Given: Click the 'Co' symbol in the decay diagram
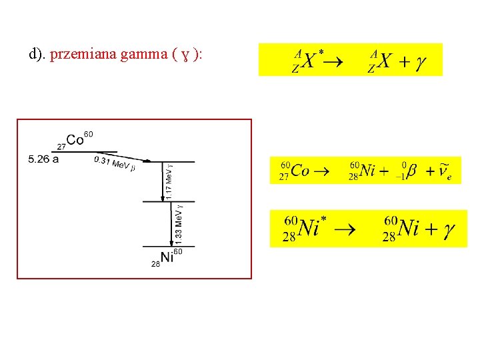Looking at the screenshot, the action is (x=75, y=140).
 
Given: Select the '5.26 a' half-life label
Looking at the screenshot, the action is (x=44, y=159).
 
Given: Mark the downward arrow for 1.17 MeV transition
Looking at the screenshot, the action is (x=163, y=181).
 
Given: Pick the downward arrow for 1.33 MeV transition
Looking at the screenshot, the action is (x=163, y=224).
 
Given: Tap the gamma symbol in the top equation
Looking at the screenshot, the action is (x=420, y=62).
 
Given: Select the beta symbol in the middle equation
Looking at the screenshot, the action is (x=411, y=171).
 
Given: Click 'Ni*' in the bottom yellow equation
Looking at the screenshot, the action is (x=311, y=229).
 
